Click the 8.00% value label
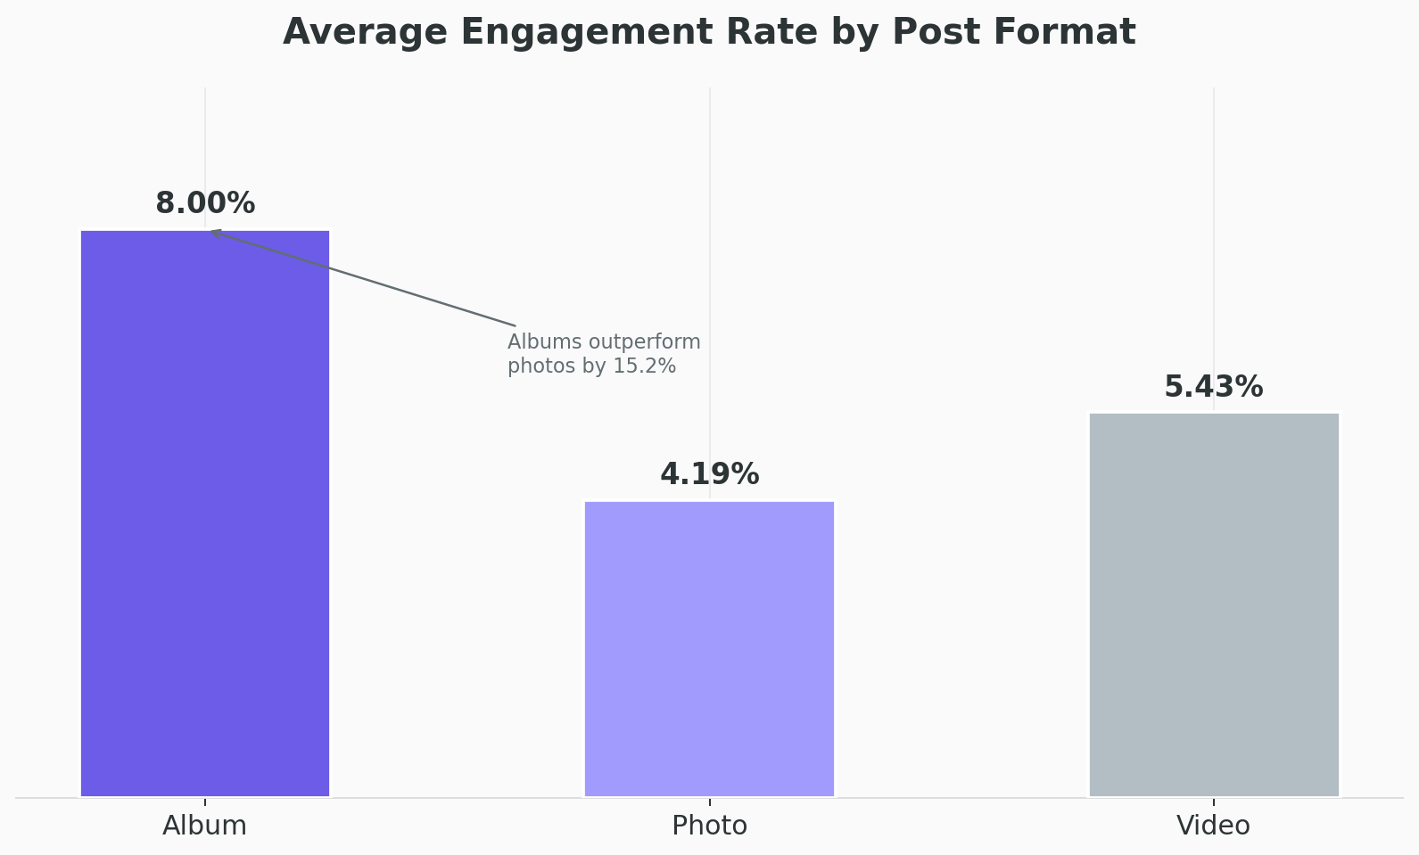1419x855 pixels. click(x=205, y=203)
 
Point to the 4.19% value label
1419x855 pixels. click(x=709, y=474)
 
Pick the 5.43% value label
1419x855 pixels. click(x=1214, y=387)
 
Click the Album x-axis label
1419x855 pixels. click(x=205, y=826)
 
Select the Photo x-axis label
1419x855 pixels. click(x=709, y=826)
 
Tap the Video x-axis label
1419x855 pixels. click(x=1214, y=826)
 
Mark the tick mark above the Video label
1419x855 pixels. click(x=1214, y=802)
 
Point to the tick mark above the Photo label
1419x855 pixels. click(x=709, y=802)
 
